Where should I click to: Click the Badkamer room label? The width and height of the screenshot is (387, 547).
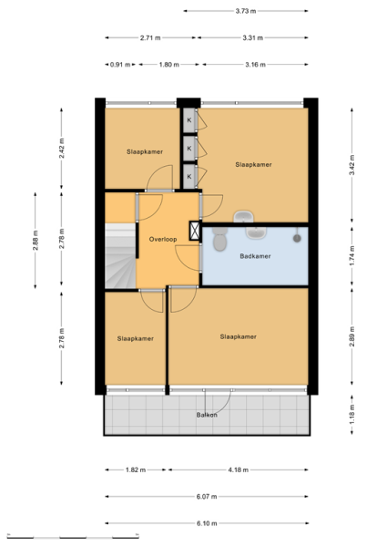coord(255,256)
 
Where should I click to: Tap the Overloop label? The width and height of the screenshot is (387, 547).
coord(163,239)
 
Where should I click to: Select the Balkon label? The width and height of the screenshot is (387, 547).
coord(207,415)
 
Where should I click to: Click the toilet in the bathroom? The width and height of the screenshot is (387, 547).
coord(219,239)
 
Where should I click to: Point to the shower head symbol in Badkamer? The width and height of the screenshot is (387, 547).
coord(297,237)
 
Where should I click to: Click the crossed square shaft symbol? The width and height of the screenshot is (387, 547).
coord(194,231)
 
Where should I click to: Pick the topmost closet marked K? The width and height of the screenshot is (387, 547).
coord(189,120)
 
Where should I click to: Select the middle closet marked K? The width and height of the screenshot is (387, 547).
coord(189,149)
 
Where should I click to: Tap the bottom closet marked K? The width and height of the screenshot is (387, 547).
coord(189,177)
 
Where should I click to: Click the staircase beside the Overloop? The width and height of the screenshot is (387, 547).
coord(120,255)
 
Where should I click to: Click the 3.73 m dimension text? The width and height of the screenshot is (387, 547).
coord(246,11)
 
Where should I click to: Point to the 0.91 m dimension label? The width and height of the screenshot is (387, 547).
coord(120,65)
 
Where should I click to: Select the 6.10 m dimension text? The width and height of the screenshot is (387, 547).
coord(207,523)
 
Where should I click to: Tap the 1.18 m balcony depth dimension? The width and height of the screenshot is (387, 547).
coord(351,415)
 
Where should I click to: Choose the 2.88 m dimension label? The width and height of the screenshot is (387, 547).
coord(36,241)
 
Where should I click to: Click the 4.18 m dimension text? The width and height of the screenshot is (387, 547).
coord(239,470)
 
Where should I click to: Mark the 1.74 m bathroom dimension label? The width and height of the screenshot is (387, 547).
coord(351,255)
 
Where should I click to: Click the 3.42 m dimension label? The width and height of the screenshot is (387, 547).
coord(351,165)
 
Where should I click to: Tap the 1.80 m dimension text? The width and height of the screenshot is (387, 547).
coord(169,65)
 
